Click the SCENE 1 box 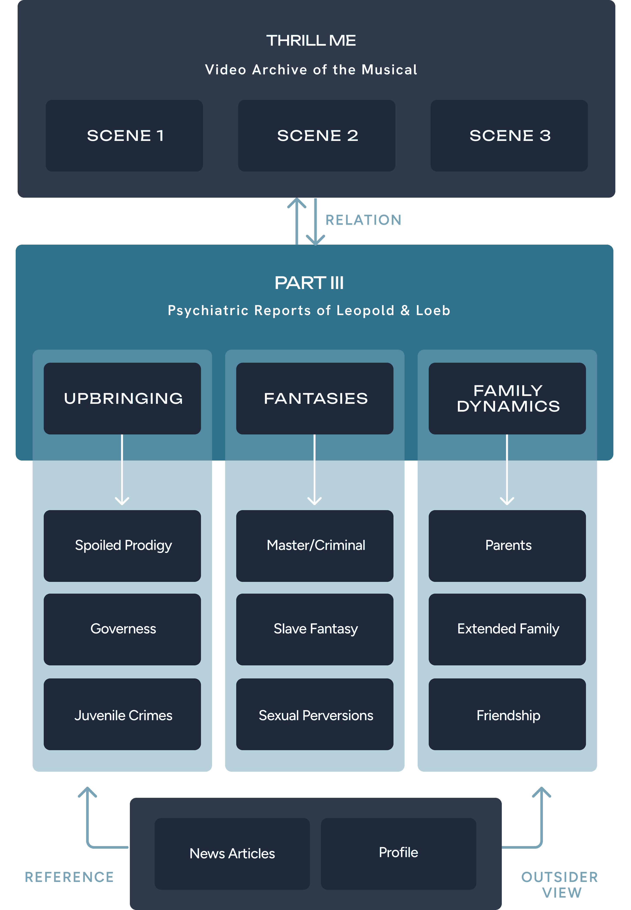pos(124,135)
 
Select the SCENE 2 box pos(317,135)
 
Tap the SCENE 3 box pos(509,135)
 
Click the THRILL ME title pos(311,40)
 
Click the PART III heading pos(309,283)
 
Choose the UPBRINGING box pos(122,398)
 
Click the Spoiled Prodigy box pos(122,546)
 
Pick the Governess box pos(122,629)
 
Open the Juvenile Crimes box pos(122,714)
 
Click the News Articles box pos(232,853)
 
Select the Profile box pos(398,853)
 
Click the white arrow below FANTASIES pos(315,470)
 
